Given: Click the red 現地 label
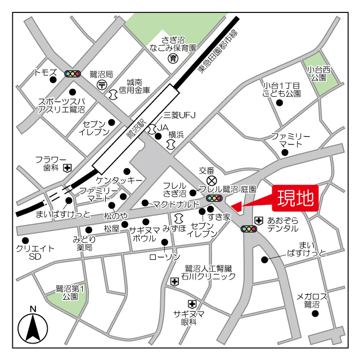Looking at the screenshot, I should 295,198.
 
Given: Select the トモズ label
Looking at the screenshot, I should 46,73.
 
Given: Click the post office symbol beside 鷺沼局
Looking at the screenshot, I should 102,84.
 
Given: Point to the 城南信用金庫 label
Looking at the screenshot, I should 138,85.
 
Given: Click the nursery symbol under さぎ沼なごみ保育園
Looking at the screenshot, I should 173,58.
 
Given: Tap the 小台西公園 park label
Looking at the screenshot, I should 319,73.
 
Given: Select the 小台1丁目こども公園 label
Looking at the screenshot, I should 282,89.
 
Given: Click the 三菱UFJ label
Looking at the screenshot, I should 179,116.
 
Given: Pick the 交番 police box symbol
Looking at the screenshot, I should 212,180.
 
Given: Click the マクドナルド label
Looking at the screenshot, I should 176,204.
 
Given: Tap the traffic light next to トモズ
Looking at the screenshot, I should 73,74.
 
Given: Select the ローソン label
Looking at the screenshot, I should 164,256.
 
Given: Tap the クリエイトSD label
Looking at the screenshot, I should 35,252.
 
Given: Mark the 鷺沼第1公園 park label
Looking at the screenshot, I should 70,292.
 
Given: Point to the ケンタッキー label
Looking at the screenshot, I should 119,180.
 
